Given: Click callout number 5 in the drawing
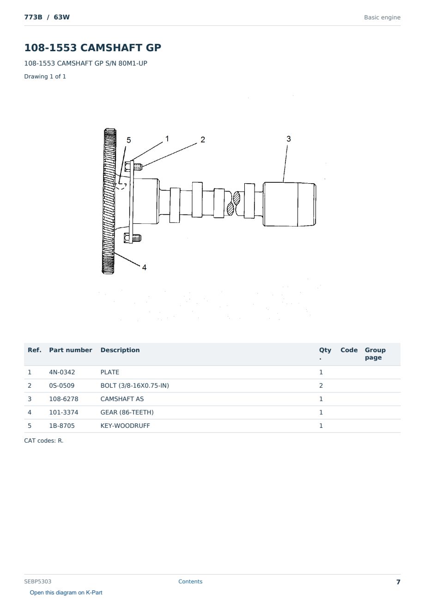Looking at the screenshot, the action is pos(129,140).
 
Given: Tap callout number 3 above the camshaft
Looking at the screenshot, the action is pos(289,139).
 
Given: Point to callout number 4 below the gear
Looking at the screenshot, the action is pos(144,267).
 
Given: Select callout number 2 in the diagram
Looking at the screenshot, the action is pos(203,139).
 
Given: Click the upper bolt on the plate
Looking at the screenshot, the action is pos(133,167).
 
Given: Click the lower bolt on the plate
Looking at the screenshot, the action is pos(133,238).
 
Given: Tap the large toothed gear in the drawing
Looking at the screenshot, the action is pos(109,201).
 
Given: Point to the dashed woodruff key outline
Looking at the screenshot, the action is pos(121,186).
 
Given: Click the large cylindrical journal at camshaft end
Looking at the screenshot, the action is pos(290,204).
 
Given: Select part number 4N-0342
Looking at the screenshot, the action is pos(62,372).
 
